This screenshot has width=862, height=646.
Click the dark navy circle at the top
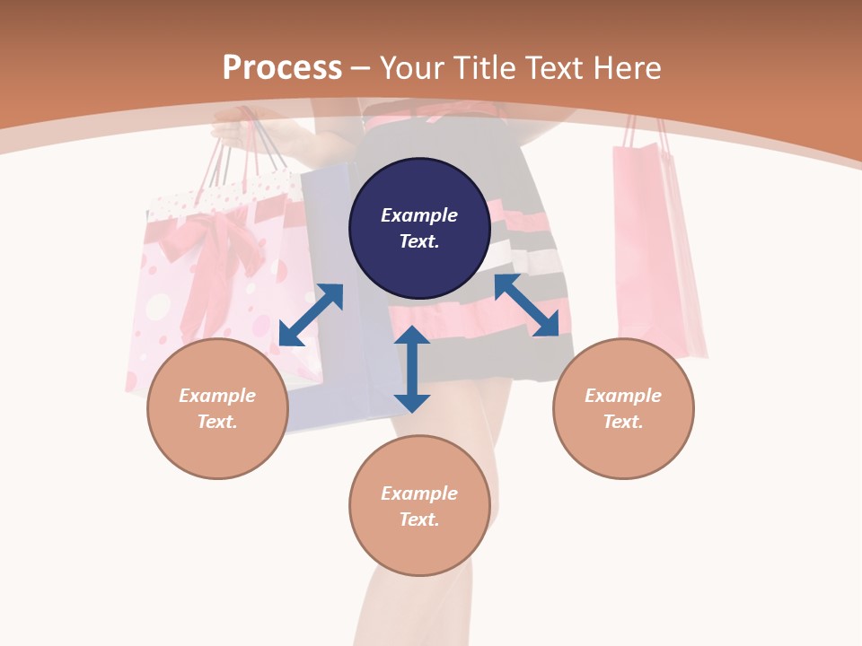(x=419, y=229)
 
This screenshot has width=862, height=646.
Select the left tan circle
(x=217, y=408)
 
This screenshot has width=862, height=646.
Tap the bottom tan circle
(x=419, y=505)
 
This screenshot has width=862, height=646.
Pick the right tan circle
(x=623, y=408)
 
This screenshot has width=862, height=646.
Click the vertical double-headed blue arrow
(x=412, y=369)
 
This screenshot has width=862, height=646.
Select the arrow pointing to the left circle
(x=311, y=315)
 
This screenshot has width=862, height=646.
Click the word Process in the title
(x=282, y=68)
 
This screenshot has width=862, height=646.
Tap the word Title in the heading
(x=482, y=68)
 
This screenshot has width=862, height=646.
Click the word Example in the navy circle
(x=419, y=215)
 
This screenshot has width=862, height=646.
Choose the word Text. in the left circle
(x=217, y=422)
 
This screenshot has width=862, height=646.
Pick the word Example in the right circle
(x=623, y=396)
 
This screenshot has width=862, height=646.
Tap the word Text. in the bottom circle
(x=419, y=519)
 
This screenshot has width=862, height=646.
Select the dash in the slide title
(x=361, y=68)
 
